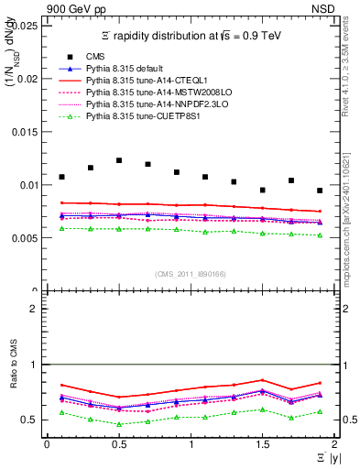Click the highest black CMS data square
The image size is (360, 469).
[119, 160]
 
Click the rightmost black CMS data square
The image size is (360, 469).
[320, 191]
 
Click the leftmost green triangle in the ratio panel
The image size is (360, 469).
[61, 413]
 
